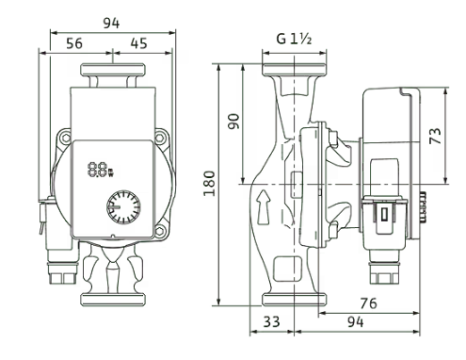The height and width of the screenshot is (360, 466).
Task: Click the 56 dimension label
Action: click(74, 43)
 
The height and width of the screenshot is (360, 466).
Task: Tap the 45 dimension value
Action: click(138, 43)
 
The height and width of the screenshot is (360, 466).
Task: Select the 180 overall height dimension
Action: click(209, 184)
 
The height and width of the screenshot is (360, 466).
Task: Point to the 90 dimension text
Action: click(233, 122)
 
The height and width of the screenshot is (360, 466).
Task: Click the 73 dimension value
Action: click(436, 136)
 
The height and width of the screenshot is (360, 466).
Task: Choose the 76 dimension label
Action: click(368, 303)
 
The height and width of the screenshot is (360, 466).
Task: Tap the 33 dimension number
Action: click(271, 321)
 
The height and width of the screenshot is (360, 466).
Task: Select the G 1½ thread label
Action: click(294, 39)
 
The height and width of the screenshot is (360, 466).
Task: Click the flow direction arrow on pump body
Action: click(263, 207)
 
